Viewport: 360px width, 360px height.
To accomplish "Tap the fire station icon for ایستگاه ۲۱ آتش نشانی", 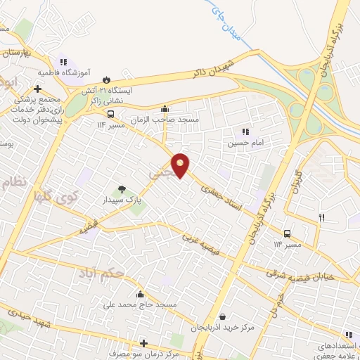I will coord(108,79).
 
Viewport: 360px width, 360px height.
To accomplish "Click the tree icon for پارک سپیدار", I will coord(122,188).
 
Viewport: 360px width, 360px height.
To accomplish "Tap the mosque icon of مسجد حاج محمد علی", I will coord(141,294).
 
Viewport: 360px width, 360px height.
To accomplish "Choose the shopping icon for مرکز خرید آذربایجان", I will coord(223,316).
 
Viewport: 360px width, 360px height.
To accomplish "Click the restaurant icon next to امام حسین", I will coord(245,131).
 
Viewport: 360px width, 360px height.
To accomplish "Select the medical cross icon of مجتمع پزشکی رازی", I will coord(37,89).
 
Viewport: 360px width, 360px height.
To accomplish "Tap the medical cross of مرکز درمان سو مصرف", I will coord(144,343).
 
